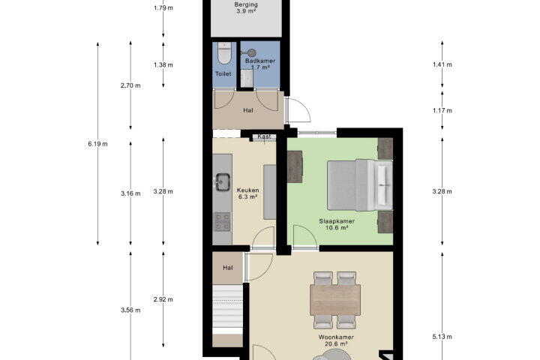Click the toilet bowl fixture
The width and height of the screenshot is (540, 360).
pos(224,54)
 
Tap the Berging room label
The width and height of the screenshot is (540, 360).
pos(246,4)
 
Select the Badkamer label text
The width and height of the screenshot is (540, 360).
pos(260,61)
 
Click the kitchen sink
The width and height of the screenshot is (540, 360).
pos(223,182)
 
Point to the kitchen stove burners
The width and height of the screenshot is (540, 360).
pos(223,221)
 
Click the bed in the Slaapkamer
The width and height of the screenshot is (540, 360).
pos(359,185)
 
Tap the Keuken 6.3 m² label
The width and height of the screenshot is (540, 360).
pos(247,193)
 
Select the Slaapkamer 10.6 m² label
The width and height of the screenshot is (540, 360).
pos(337,224)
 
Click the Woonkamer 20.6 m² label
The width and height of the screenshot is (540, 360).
pos(336,340)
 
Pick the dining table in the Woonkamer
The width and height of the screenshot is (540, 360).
pos(335,300)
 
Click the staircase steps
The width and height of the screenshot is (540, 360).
pos(227,309)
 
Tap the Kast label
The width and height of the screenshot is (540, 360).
pos(264,136)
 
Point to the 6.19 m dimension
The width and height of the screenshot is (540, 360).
pos(97,144)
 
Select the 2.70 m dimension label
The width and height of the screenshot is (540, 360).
pos(130,85)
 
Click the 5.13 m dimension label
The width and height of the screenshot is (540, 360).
pos(442,337)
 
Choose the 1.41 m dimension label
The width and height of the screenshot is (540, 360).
pos(442,64)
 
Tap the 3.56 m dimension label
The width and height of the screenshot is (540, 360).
pos(130,310)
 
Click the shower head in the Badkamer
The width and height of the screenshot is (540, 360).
pos(252,52)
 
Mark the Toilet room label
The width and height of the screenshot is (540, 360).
pos(223,73)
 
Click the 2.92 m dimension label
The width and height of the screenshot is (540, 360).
pos(163,299)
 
